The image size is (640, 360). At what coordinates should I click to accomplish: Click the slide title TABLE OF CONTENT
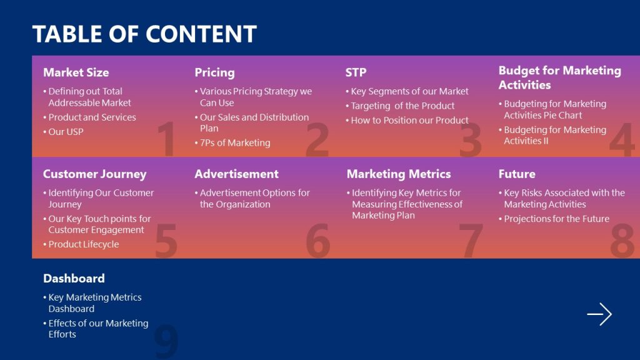144,34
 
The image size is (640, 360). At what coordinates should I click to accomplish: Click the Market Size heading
76,72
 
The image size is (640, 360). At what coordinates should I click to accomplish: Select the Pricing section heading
214,72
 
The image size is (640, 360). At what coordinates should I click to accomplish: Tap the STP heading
356,72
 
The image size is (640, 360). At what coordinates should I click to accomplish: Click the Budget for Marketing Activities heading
559,77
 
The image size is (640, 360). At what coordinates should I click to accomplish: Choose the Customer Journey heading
94,174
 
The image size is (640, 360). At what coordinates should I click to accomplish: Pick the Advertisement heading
236,174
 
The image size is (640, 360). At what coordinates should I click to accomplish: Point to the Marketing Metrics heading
398,174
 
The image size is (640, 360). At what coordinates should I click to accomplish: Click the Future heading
516,174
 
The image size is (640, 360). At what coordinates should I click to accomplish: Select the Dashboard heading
74,278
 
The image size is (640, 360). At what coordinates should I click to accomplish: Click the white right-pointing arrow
599,314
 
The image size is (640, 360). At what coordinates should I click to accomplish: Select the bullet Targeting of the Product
402,106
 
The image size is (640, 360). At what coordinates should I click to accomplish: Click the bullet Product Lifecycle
83,244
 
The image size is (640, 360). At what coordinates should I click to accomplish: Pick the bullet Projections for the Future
556,219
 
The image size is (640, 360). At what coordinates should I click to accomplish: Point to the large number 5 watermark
166,241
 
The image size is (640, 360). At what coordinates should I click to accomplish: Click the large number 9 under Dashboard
166,341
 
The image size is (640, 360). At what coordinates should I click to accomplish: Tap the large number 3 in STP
471,140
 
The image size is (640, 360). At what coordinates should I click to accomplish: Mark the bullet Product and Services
92,117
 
